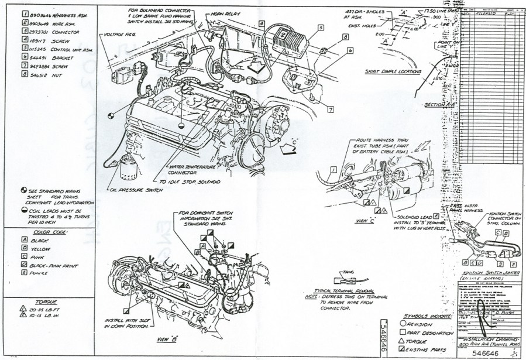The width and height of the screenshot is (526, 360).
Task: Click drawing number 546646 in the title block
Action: pos(488,352)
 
